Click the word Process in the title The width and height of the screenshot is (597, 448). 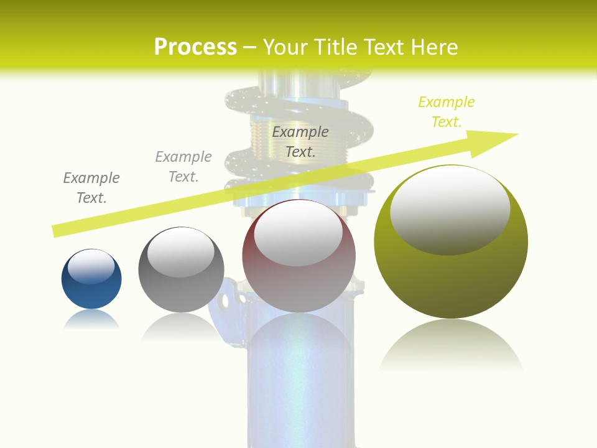(195, 47)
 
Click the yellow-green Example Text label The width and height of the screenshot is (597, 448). (447, 111)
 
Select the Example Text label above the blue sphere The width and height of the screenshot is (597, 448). (91, 187)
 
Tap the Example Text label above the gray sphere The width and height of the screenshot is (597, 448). (183, 166)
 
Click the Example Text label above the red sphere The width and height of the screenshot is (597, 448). (300, 141)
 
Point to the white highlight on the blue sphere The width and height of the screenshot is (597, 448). (91, 265)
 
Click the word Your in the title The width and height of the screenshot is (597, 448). (283, 47)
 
